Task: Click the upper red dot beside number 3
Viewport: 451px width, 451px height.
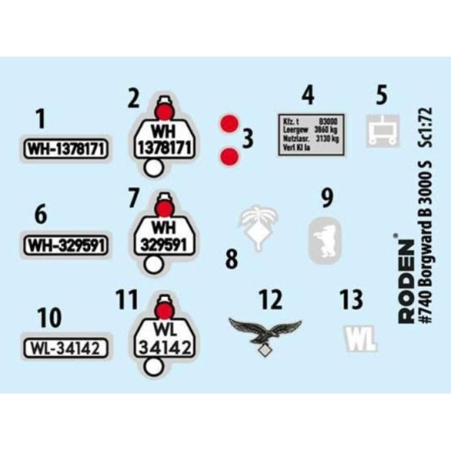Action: tap(230, 124)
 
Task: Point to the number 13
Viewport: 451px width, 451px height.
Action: tap(352, 299)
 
